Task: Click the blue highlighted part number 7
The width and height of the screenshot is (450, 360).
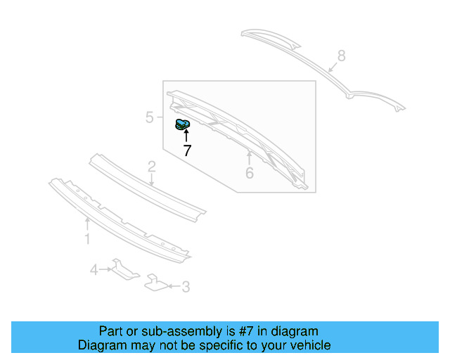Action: pyautogui.click(x=182, y=124)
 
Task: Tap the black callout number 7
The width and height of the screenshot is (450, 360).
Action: pyautogui.click(x=187, y=150)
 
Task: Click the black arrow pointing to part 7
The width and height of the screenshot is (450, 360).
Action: pyautogui.click(x=186, y=136)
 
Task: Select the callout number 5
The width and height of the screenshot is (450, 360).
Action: pyautogui.click(x=150, y=117)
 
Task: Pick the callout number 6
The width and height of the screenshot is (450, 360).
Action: pyautogui.click(x=250, y=173)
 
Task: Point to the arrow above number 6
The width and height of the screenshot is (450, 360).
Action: pyautogui.click(x=250, y=157)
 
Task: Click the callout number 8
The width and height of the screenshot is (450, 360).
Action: pyautogui.click(x=341, y=56)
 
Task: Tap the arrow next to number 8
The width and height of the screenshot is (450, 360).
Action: pyautogui.click(x=333, y=67)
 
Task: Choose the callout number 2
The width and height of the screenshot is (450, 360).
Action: pyautogui.click(x=152, y=167)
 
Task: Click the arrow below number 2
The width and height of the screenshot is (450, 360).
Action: pyautogui.click(x=152, y=180)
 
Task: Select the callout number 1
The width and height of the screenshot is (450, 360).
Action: pyautogui.click(x=87, y=239)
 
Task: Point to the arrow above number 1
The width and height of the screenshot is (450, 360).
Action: pyautogui.click(x=87, y=224)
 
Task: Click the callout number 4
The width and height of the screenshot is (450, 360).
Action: pyautogui.click(x=94, y=270)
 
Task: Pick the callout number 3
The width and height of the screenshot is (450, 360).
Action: pyautogui.click(x=186, y=286)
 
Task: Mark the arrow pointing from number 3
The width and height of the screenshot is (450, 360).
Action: pyautogui.click(x=174, y=286)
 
